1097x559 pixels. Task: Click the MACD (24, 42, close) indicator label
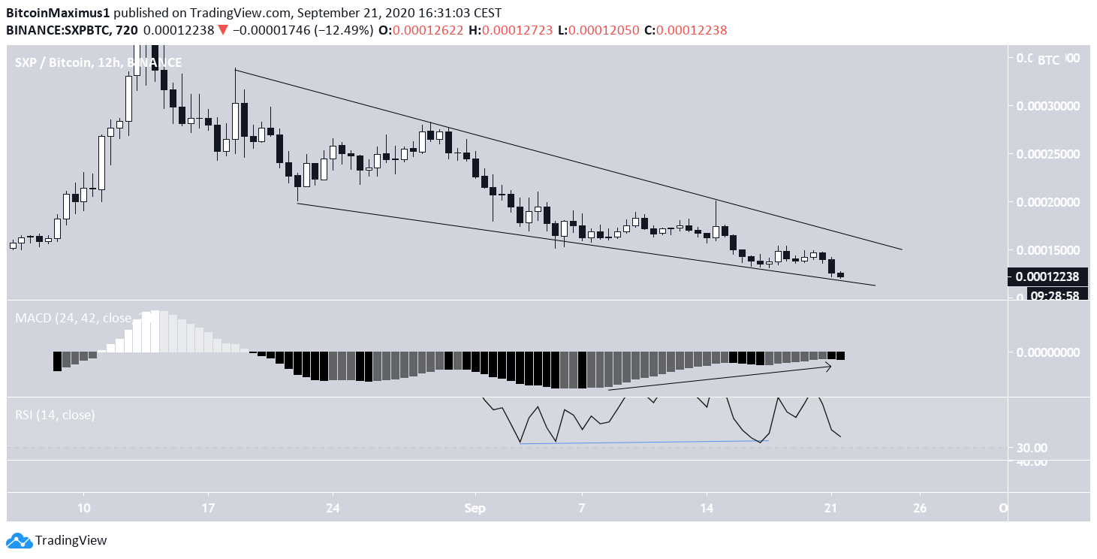coord(73,318)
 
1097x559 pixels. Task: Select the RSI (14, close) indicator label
coord(55,414)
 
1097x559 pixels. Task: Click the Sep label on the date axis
coord(475,508)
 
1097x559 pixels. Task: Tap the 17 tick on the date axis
coord(209,508)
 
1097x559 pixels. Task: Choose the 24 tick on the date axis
coord(333,508)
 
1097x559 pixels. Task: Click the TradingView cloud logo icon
coord(19,539)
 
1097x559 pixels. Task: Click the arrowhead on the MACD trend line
coord(828,366)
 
